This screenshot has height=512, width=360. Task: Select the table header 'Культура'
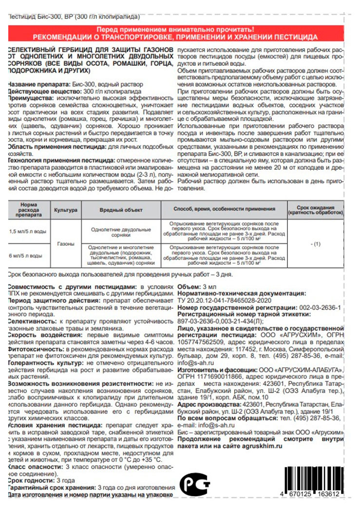(66, 209)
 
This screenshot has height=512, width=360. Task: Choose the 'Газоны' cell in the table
(66, 243)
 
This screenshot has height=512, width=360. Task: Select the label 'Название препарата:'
(32, 84)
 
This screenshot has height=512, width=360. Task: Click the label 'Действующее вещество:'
(39, 91)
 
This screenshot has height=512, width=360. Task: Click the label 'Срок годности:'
(27, 480)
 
